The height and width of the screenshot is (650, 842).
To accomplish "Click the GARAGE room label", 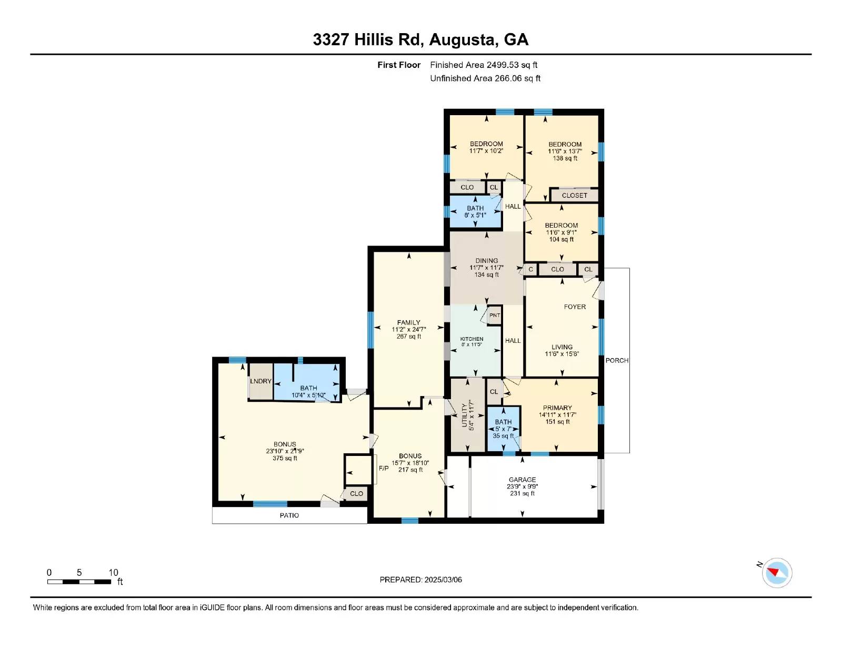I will (522, 480).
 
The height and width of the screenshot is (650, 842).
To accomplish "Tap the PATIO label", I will (289, 515).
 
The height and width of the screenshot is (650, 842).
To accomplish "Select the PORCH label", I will (617, 360).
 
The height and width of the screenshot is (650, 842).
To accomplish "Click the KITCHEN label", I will (472, 339).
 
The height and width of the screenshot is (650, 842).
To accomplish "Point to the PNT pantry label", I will (495, 316).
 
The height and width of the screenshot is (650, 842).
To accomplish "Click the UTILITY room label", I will (464, 415).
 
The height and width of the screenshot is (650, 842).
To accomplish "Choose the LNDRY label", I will (260, 381).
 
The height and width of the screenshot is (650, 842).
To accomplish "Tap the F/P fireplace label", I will (384, 468).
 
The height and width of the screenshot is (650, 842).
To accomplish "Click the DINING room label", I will (486, 260).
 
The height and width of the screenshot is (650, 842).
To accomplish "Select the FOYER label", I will (575, 307).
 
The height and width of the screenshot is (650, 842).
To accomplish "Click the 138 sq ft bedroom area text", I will (565, 158).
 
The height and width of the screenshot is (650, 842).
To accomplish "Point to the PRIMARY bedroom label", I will (557, 408).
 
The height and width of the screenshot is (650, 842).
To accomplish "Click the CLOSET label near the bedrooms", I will (574, 195).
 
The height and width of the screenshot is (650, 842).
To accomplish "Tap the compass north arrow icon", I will (777, 573).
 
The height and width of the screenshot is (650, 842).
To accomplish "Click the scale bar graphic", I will (79, 582).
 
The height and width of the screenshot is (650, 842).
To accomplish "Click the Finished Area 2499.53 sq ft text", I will (484, 65).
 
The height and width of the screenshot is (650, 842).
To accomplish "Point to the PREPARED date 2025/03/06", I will (420, 580).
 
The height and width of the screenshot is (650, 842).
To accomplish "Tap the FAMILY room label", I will (408, 322).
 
